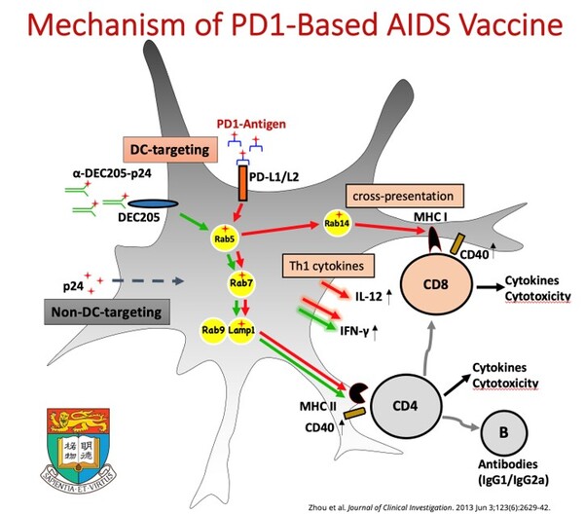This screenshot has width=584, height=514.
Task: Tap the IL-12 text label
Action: [x=366, y=291]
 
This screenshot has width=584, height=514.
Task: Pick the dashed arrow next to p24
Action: [x=145, y=281]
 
